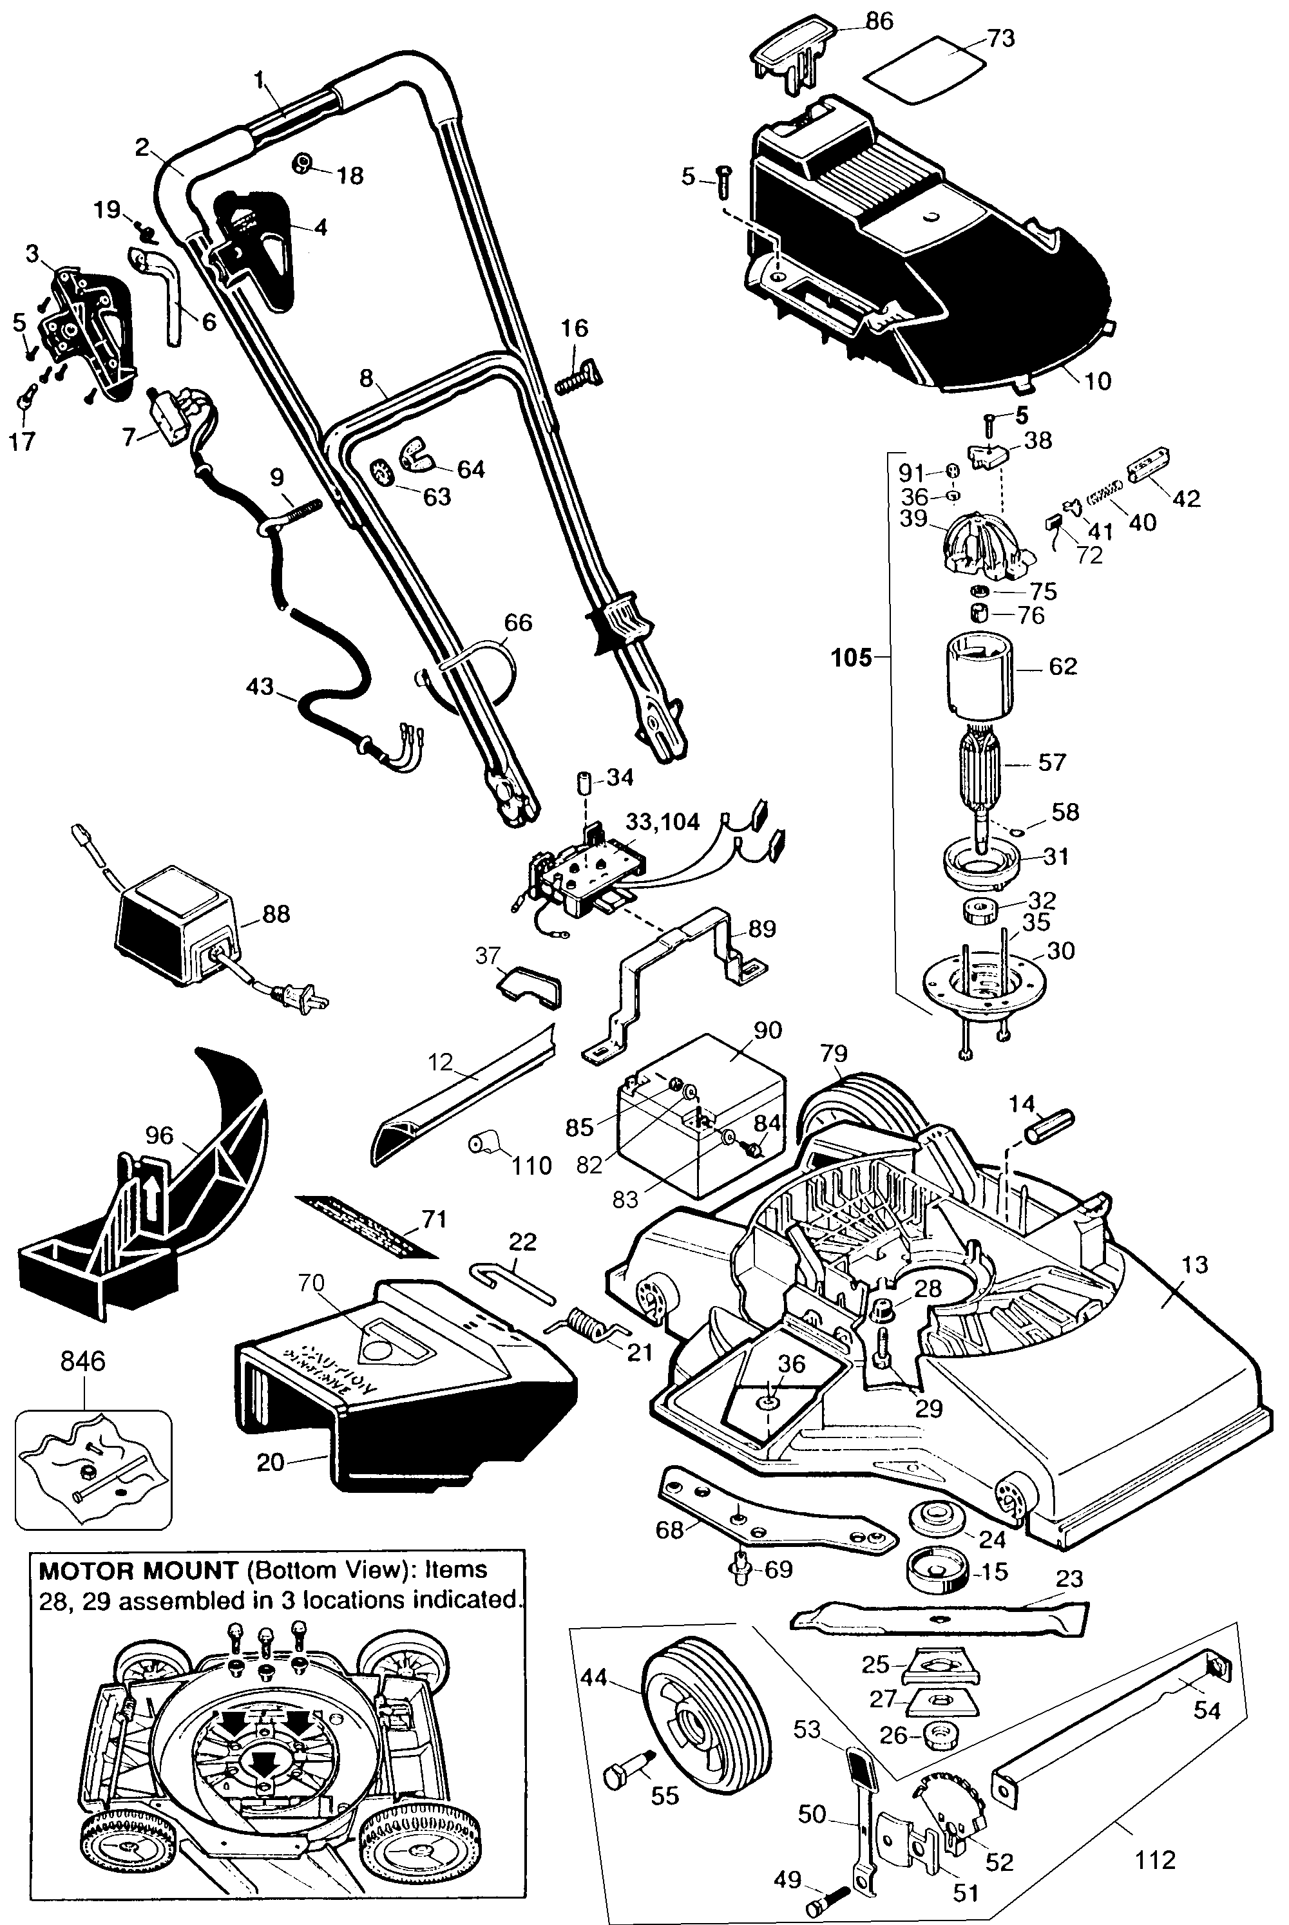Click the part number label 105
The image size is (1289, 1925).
pyautogui.click(x=852, y=658)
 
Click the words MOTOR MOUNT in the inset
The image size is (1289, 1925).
pyautogui.click(x=138, y=1571)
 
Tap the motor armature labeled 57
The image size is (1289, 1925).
pyautogui.click(x=983, y=764)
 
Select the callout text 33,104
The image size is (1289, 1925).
pyautogui.click(x=663, y=821)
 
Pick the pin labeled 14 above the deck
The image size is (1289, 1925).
pyautogui.click(x=1049, y=1124)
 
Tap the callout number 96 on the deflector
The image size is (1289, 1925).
pyautogui.click(x=160, y=1135)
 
